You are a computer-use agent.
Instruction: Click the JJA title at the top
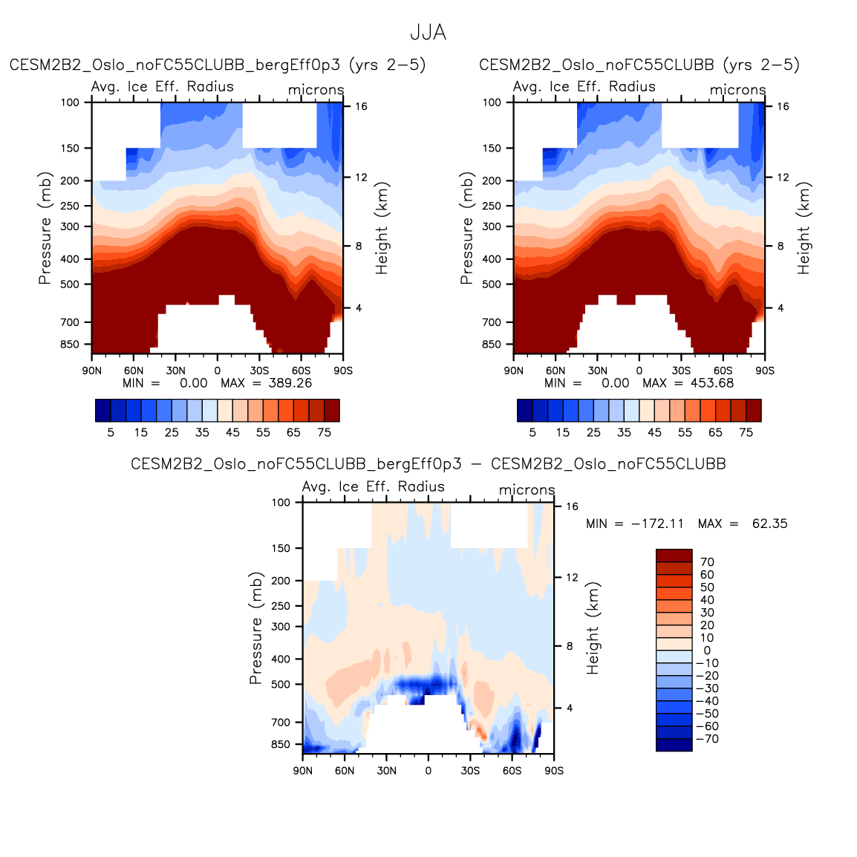pyautogui.click(x=428, y=33)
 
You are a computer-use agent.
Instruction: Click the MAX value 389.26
pyautogui.click(x=290, y=383)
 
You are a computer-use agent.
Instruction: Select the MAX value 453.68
pyautogui.click(x=711, y=383)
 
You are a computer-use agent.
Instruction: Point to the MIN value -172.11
pyautogui.click(x=657, y=524)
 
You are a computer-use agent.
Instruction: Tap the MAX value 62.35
pyautogui.click(x=769, y=524)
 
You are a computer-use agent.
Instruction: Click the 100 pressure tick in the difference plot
pyautogui.click(x=281, y=503)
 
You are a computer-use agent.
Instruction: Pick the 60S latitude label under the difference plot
pyautogui.click(x=512, y=771)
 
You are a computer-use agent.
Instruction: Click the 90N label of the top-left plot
pyautogui.click(x=91, y=371)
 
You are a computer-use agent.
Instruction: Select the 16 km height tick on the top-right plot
pyautogui.click(x=783, y=107)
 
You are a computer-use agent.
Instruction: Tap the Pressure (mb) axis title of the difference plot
pyautogui.click(x=255, y=628)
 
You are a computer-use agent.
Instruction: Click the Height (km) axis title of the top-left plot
pyautogui.click(x=382, y=228)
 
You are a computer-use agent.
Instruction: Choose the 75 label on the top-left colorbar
pyautogui.click(x=324, y=432)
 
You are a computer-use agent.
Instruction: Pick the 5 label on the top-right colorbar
pyautogui.click(x=532, y=432)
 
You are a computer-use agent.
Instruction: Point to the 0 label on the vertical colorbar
pyautogui.click(x=707, y=651)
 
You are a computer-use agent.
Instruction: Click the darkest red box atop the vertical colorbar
pyautogui.click(x=674, y=555)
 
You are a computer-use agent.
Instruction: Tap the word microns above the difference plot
pyautogui.click(x=527, y=490)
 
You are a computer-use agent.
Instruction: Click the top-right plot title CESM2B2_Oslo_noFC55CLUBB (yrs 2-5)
pyautogui.click(x=639, y=65)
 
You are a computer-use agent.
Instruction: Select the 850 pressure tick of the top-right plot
pyautogui.click(x=492, y=345)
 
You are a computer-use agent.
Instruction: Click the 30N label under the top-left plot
pyautogui.click(x=175, y=371)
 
